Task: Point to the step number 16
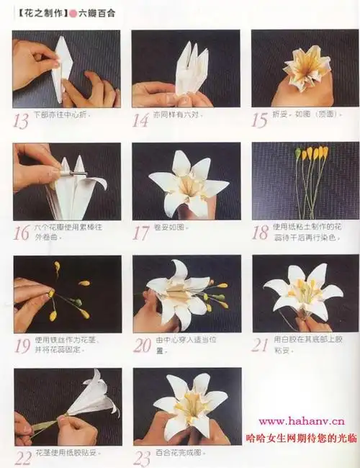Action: pyautogui.click(x=22, y=232)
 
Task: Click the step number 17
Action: pyautogui.click(x=142, y=232)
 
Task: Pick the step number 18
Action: pyautogui.click(x=261, y=232)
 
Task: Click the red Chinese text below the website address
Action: pyautogui.click(x=301, y=436)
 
